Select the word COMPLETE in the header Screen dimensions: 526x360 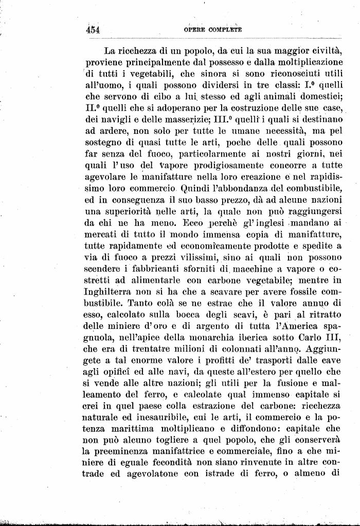tap(225, 30)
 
